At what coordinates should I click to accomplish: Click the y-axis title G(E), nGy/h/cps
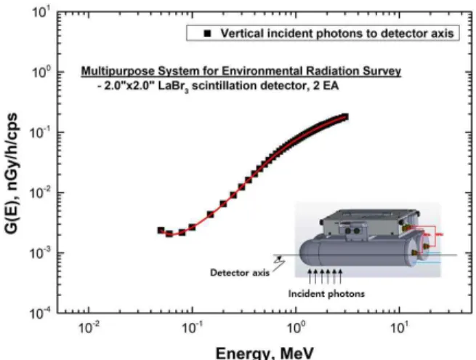tap(11, 174)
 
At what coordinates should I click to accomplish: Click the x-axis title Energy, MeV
tap(265, 353)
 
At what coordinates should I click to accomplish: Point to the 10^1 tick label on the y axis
tap(41, 14)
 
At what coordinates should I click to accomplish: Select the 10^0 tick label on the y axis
tap(41, 73)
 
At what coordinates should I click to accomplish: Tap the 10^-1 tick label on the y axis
tap(41, 133)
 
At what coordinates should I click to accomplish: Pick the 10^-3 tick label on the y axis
tap(41, 253)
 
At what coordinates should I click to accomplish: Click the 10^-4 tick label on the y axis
tap(41, 313)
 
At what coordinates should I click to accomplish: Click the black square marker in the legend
tap(207, 33)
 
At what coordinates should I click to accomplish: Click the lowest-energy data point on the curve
tap(161, 231)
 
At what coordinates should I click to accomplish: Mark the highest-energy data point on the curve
tap(345, 117)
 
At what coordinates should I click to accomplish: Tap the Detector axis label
tap(240, 273)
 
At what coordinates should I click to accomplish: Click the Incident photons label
tap(326, 294)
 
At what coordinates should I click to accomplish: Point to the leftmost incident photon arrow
tap(310, 276)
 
